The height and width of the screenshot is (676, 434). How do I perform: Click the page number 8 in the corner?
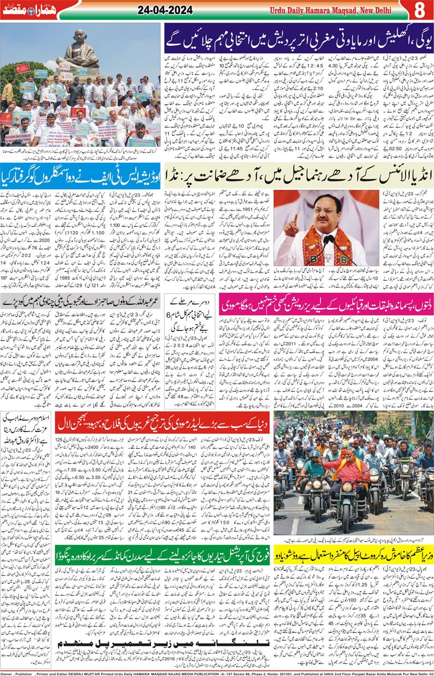(419, 10)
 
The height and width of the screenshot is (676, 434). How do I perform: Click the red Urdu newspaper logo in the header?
(25, 10)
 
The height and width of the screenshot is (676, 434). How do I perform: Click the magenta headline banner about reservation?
(326, 302)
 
